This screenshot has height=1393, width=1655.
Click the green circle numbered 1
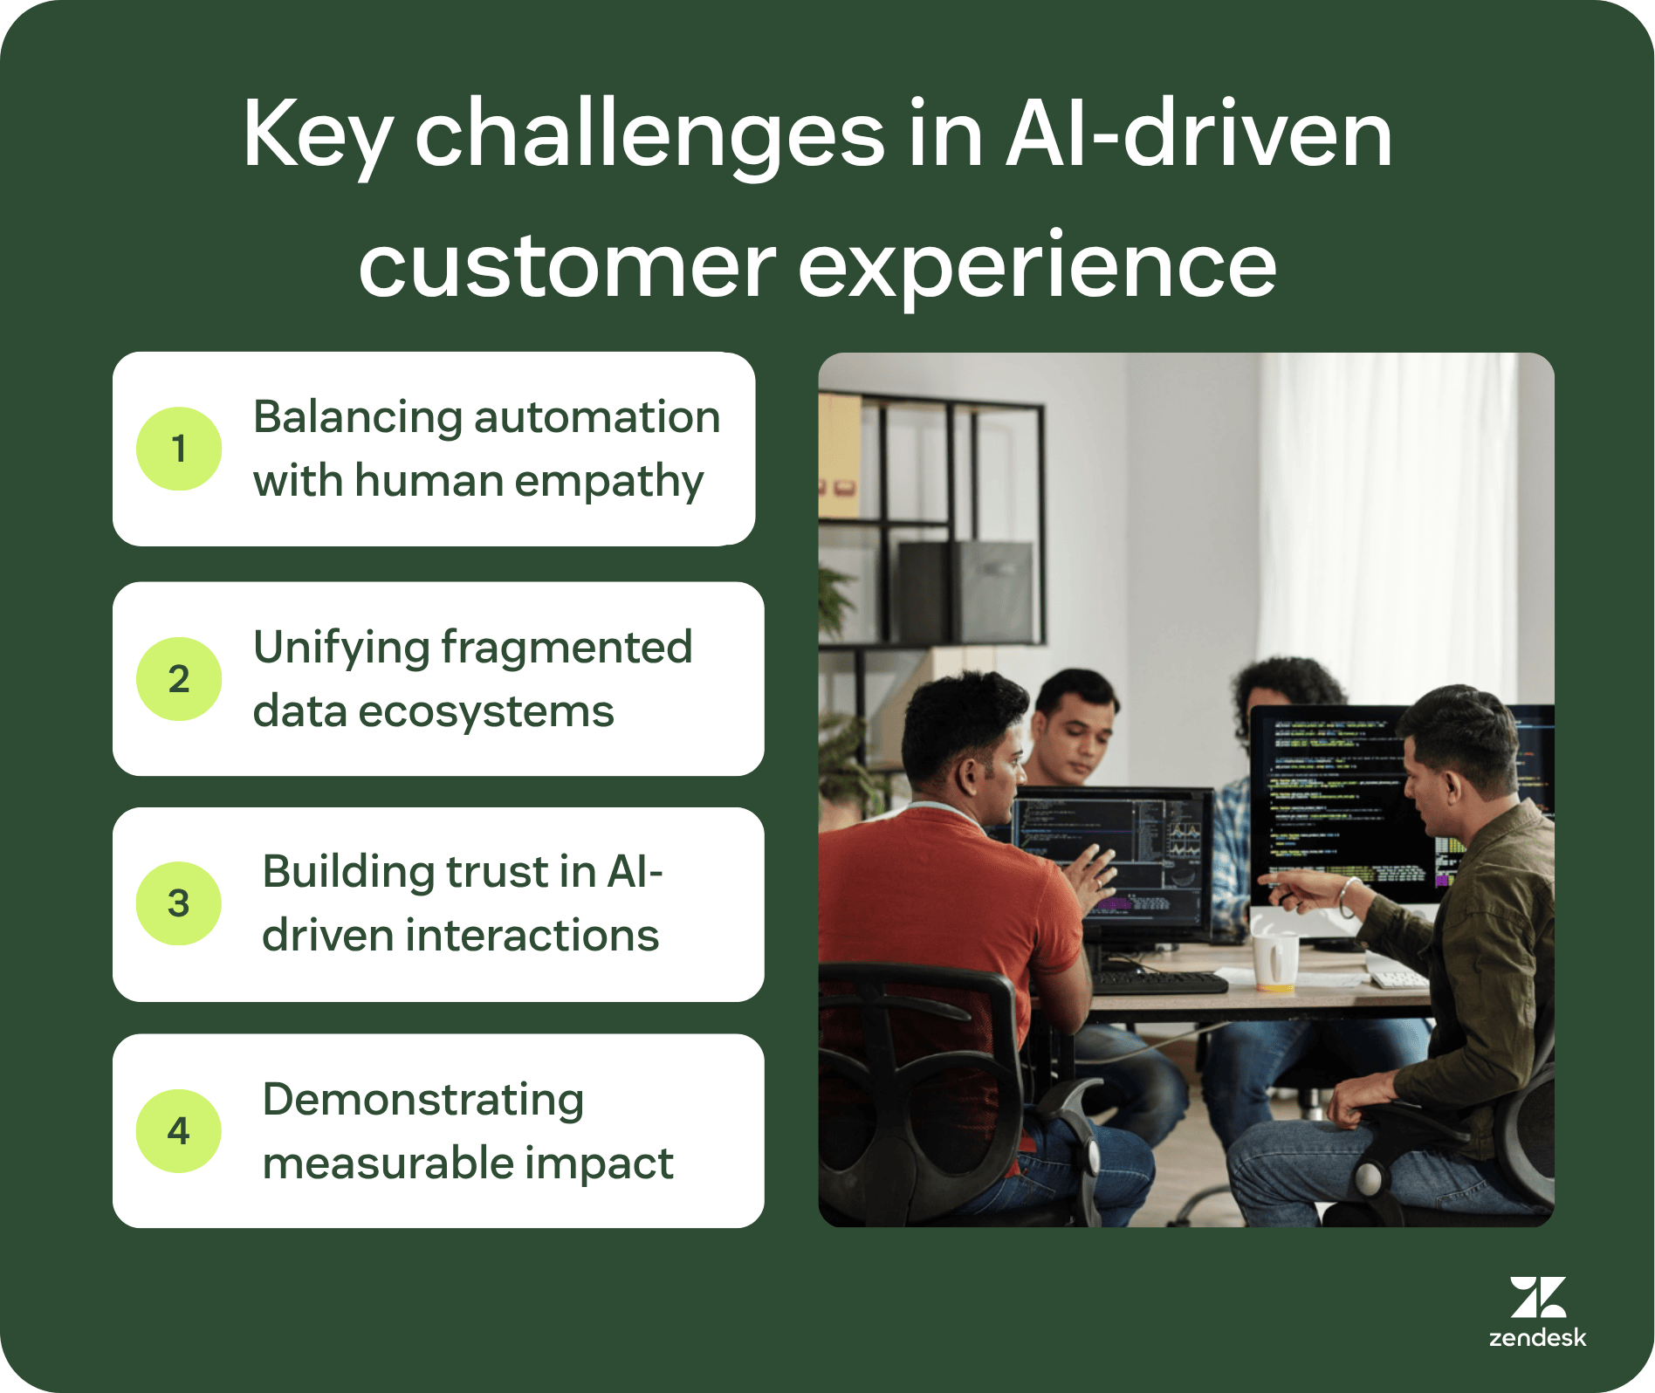(x=179, y=449)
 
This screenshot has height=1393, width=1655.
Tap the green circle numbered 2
(x=179, y=679)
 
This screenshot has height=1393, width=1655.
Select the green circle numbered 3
(x=179, y=903)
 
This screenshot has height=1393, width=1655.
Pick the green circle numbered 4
(x=179, y=1131)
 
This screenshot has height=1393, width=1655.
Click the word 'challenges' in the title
(x=649, y=135)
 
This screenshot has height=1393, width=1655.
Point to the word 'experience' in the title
(x=1036, y=266)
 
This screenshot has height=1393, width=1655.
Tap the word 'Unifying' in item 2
(x=340, y=648)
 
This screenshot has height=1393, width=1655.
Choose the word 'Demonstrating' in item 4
(x=422, y=1100)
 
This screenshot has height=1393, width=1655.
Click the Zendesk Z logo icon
(x=1537, y=1297)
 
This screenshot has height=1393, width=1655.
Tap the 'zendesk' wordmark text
(x=1537, y=1338)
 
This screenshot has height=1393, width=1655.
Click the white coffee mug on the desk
(x=1274, y=960)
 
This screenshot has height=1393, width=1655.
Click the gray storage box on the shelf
(x=965, y=591)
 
